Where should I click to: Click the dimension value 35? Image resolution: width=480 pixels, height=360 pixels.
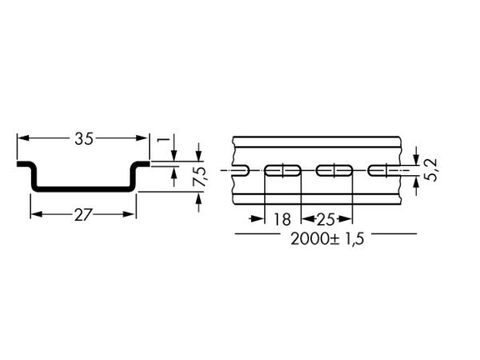(x=83, y=138)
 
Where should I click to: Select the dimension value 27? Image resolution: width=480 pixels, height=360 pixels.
(x=83, y=215)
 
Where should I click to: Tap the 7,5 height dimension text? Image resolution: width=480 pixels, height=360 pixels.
(x=201, y=177)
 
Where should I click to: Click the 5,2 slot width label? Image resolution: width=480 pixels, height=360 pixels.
(x=432, y=170)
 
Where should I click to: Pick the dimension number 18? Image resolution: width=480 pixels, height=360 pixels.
(x=282, y=219)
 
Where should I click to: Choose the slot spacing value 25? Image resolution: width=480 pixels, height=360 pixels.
(x=325, y=219)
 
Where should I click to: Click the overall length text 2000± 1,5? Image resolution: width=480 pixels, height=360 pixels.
(x=327, y=238)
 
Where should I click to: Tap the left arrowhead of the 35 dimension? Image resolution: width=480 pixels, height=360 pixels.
(x=23, y=138)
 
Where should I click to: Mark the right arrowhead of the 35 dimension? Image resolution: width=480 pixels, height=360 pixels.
(x=142, y=138)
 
